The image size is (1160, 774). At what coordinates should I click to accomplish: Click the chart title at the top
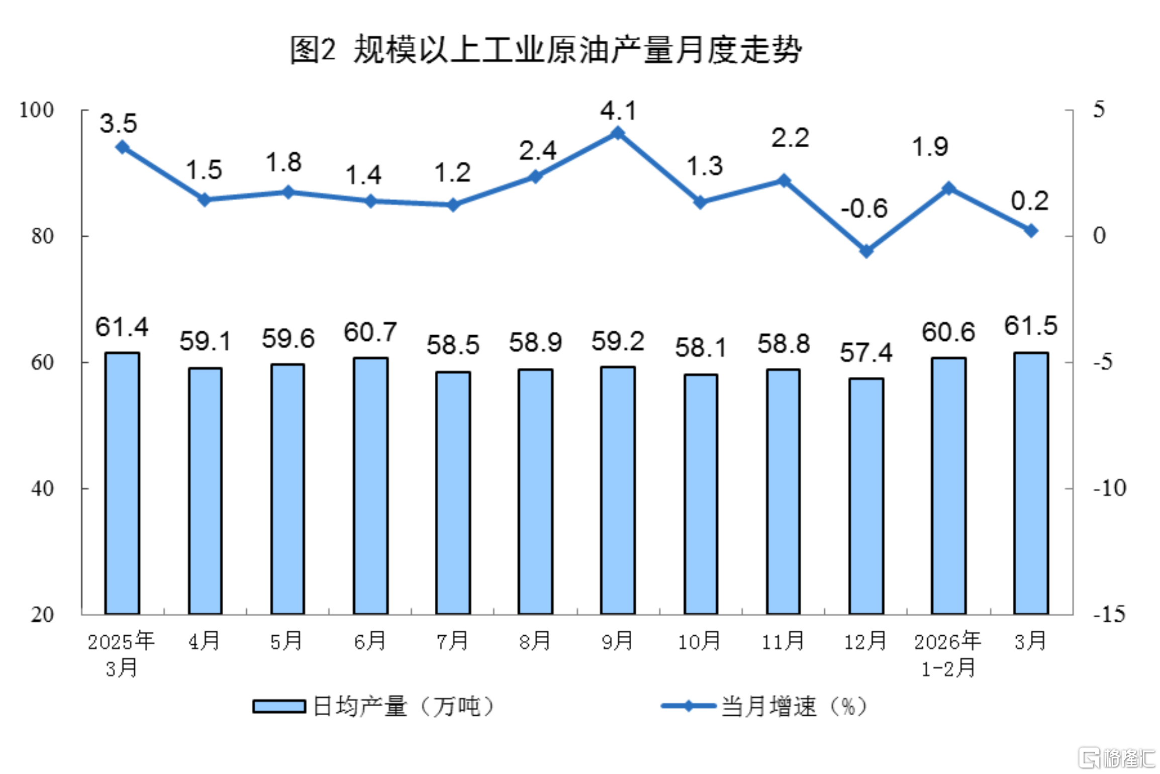coord(545,50)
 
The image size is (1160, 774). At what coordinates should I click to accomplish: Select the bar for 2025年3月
coord(122,482)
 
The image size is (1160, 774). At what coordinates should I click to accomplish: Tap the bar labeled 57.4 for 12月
coord(866,495)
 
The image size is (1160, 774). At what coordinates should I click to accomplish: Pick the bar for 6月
coord(370,485)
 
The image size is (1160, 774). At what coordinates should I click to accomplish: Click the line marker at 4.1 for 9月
coord(618,133)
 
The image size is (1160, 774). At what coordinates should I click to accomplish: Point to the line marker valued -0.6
coord(866,250)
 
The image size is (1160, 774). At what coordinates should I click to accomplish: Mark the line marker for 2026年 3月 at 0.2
coord(1031,231)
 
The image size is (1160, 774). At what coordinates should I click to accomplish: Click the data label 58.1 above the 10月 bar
coord(701,348)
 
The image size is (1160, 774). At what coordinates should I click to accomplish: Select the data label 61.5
coord(1031,326)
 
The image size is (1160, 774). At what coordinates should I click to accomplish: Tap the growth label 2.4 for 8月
coord(537,151)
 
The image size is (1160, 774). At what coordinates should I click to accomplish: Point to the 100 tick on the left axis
coord(36,110)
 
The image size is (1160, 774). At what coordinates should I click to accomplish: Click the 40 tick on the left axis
coord(42,489)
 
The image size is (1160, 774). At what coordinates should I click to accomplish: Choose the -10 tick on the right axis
coord(1110,488)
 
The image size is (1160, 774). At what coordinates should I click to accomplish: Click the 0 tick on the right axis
coord(1100,236)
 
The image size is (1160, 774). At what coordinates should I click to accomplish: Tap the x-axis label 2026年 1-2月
coord(948,654)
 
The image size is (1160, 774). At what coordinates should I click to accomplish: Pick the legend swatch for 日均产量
coord(279,707)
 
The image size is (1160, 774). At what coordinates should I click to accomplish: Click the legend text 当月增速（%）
coord(794,707)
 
